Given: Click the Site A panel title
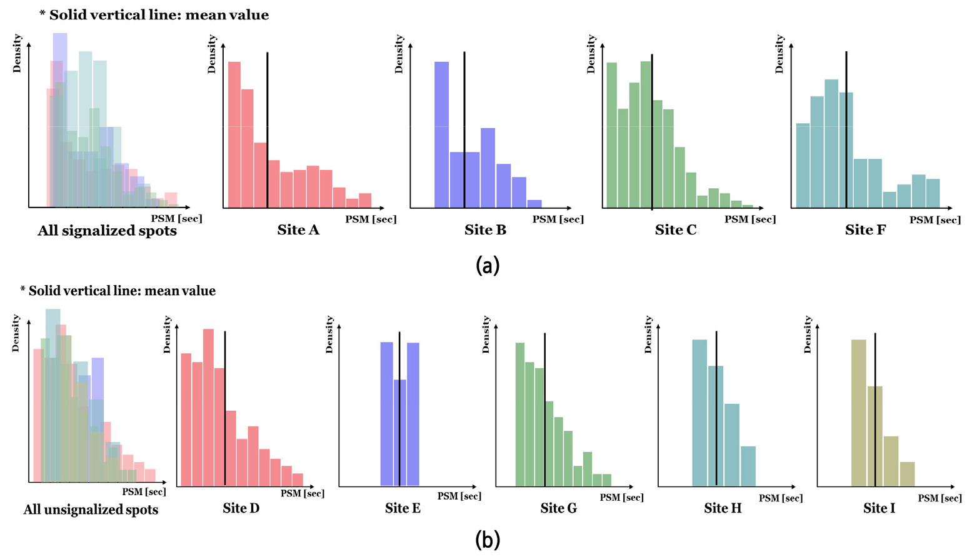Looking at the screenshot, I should pyautogui.click(x=298, y=230).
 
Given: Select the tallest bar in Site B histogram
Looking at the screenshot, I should pyautogui.click(x=442, y=134).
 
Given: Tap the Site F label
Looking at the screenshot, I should pyautogui.click(x=865, y=230).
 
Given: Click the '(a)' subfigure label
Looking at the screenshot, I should pyautogui.click(x=488, y=266).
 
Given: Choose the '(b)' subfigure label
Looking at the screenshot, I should pyautogui.click(x=488, y=539).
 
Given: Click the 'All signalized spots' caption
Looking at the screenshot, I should pyautogui.click(x=107, y=231).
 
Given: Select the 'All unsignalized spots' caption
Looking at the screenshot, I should pyautogui.click(x=91, y=510).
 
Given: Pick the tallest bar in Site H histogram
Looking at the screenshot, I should pyautogui.click(x=700, y=413).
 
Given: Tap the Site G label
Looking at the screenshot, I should pyautogui.click(x=558, y=508).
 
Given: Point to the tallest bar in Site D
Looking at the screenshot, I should pyautogui.click(x=208, y=407).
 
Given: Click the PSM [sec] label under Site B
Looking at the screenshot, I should pyautogui.click(x=558, y=219).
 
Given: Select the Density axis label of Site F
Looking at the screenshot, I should pyautogui.click(x=779, y=54).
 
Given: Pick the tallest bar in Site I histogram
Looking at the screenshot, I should pyautogui.click(x=859, y=413).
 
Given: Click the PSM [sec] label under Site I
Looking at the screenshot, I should pyautogui.click(x=939, y=498).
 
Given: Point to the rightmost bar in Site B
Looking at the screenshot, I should pyautogui.click(x=534, y=204).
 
